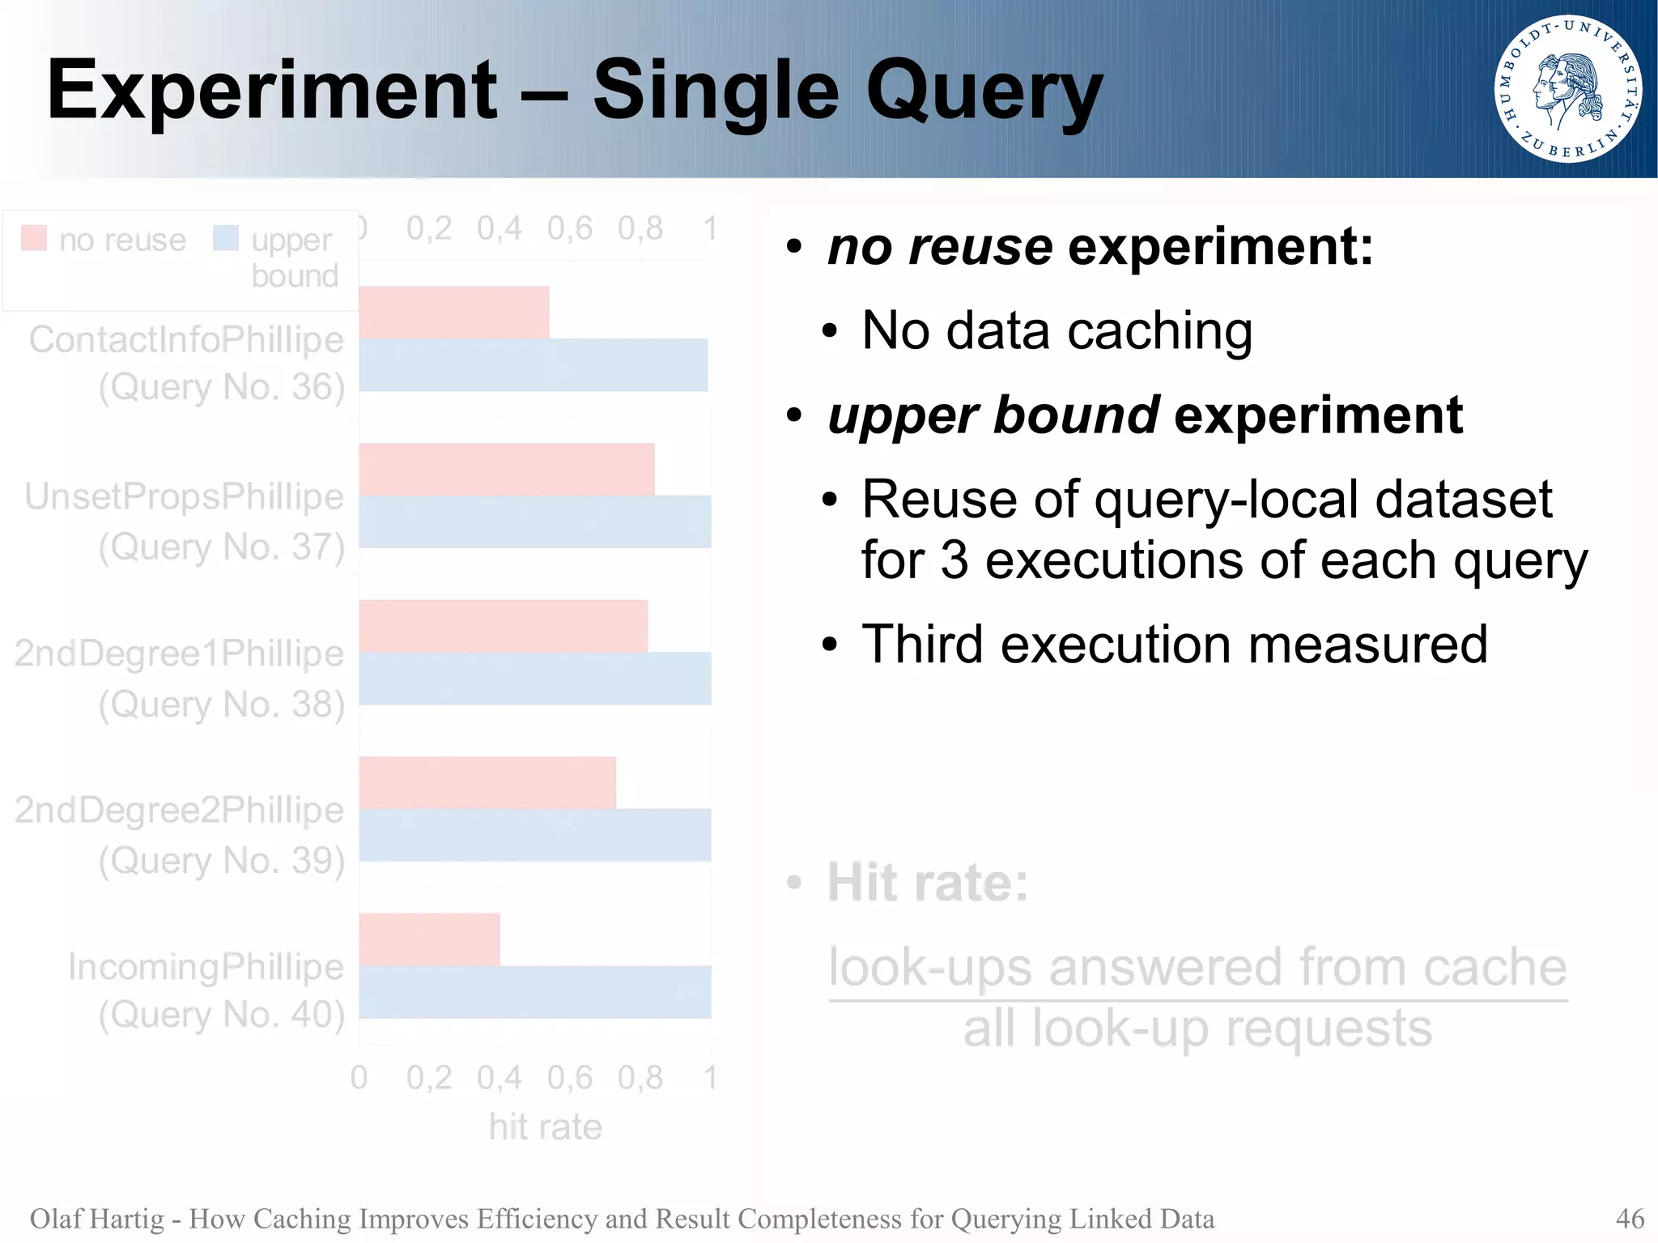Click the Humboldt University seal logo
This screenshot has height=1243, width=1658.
coord(1567,88)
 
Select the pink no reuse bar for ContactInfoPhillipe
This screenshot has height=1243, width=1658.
coord(454,312)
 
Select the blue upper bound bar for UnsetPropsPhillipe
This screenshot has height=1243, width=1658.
coord(534,521)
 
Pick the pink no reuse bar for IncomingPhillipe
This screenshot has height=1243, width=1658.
coord(429,939)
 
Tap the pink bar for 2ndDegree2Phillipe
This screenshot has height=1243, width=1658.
coord(487,782)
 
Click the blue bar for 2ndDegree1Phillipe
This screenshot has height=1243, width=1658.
coord(534,678)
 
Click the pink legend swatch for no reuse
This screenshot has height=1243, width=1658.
coord(34,238)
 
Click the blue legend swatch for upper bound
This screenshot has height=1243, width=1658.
coord(226,238)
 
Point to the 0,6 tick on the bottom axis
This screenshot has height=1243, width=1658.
coord(570,1078)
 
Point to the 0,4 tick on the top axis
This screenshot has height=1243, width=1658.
coord(500,228)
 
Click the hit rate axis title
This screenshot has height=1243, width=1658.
coord(546,1126)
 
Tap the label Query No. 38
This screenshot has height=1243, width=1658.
coord(222,704)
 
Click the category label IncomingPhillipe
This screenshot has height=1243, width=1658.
coord(206,966)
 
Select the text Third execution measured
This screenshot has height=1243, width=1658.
coord(1174,645)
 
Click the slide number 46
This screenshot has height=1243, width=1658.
coord(1629,1218)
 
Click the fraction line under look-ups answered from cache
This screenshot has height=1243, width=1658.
coord(1198,1000)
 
